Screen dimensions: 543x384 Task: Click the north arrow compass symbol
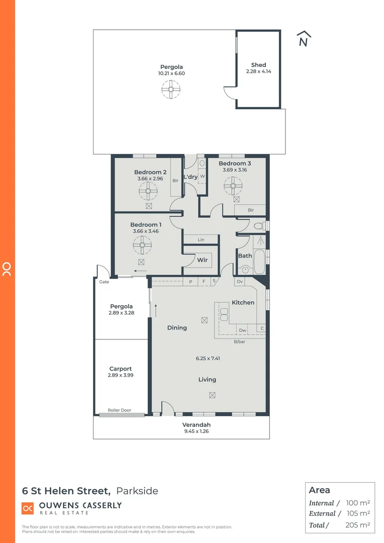[x=303, y=39]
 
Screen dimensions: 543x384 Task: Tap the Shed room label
[x=258, y=65]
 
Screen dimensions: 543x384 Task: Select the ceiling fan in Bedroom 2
[x=149, y=191]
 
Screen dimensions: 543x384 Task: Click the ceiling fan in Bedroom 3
[x=233, y=186]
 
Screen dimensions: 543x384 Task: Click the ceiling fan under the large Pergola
[x=171, y=90]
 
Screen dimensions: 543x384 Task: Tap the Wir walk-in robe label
[x=203, y=260]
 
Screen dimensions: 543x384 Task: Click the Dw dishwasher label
[x=242, y=330]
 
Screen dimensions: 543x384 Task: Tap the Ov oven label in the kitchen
[x=240, y=282]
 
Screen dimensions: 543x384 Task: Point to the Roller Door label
[x=119, y=410]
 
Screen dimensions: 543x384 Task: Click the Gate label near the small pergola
[x=104, y=282]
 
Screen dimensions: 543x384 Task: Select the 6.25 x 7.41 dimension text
[x=207, y=358]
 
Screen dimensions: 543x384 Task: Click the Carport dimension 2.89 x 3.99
[x=121, y=375]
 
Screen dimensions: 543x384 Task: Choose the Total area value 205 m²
[x=358, y=525]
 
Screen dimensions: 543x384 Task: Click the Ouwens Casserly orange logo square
[x=28, y=508]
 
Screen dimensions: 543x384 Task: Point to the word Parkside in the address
[x=137, y=491]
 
